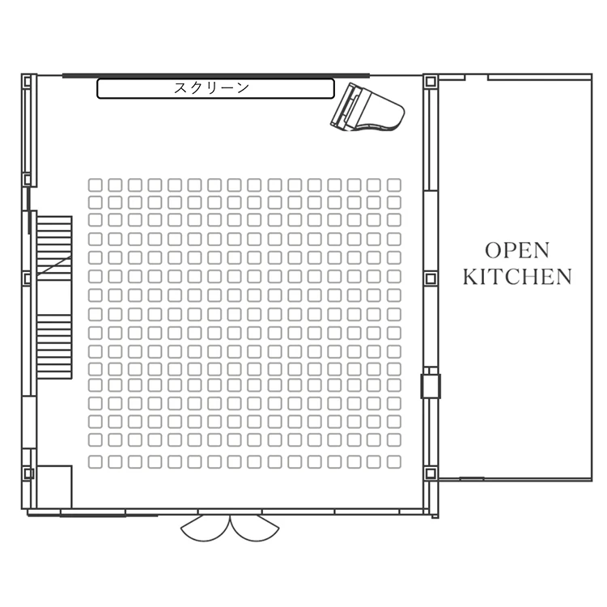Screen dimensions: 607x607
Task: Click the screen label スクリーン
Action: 211,88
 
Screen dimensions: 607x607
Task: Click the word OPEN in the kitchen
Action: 517,250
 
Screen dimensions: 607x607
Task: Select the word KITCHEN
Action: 517,277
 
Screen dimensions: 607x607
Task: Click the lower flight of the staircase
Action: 54,346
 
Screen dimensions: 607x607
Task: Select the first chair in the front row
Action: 96,185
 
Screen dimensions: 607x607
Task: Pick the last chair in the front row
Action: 394,185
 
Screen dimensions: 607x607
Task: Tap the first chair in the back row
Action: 96,462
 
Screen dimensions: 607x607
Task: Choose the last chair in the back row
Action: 394,462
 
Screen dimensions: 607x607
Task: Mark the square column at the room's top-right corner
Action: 431,82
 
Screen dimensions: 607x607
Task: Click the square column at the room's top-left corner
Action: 27,82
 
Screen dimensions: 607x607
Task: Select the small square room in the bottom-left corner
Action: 54,486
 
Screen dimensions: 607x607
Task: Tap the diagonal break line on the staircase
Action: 54,265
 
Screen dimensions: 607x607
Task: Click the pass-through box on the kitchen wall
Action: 431,386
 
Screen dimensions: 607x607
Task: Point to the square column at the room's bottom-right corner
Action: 431,473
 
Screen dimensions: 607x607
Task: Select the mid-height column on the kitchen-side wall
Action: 431,278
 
